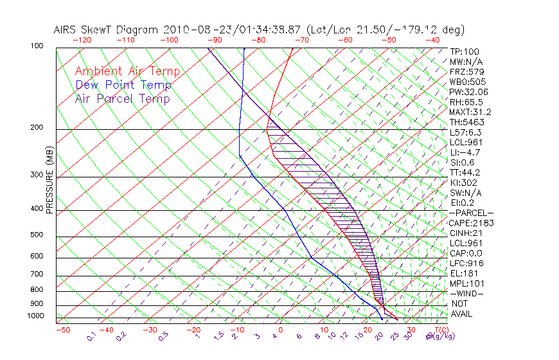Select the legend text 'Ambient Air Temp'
tap(127, 71)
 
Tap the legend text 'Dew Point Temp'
tap(123, 85)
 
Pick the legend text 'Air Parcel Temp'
tap(122, 98)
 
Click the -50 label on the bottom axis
tap(62, 330)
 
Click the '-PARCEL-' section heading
tap(471, 213)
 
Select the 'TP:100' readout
tap(464, 51)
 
